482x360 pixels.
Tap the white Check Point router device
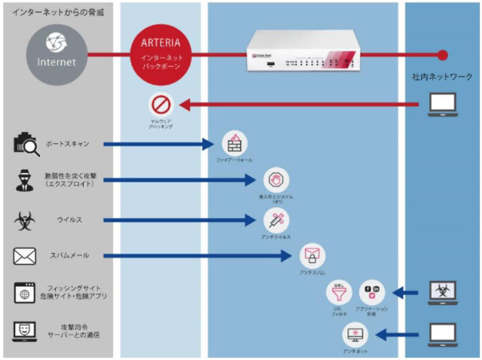[x=304, y=55]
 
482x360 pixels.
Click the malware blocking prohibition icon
[x=161, y=106]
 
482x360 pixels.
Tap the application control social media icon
[x=372, y=292]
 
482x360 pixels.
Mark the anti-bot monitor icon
[x=355, y=333]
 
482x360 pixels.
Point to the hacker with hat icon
[x=25, y=181]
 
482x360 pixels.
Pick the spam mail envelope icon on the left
[x=25, y=256]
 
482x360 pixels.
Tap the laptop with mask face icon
[x=25, y=331]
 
